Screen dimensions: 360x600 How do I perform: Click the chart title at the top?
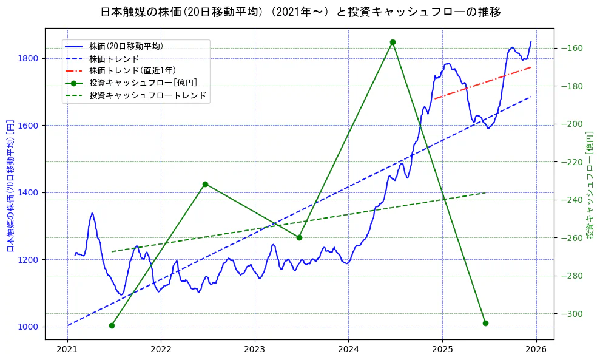coord(300,12)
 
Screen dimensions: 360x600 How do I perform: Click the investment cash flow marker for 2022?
coord(205,184)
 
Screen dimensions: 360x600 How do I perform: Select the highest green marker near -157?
coord(393,42)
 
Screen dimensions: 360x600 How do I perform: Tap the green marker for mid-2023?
coord(299,237)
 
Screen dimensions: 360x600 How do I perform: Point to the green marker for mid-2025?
coord(485,323)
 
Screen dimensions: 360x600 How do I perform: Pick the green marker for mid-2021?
coord(112,325)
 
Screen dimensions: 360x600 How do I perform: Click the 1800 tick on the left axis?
coord(30,58)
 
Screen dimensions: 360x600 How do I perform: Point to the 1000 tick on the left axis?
coord(30,327)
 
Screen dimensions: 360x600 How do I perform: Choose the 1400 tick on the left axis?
coord(30,192)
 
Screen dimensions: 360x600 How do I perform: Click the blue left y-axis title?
coord(10,185)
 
